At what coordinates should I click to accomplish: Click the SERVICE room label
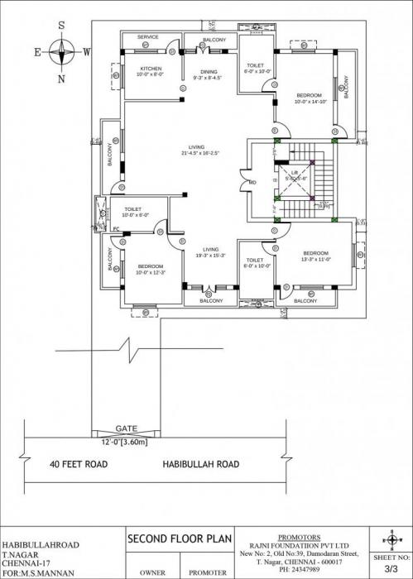[148, 37]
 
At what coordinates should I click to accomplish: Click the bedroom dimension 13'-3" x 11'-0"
[315, 259]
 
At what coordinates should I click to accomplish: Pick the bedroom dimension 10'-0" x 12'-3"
[150, 272]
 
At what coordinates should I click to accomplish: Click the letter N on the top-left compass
[60, 79]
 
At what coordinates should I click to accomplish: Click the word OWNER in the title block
[152, 572]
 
